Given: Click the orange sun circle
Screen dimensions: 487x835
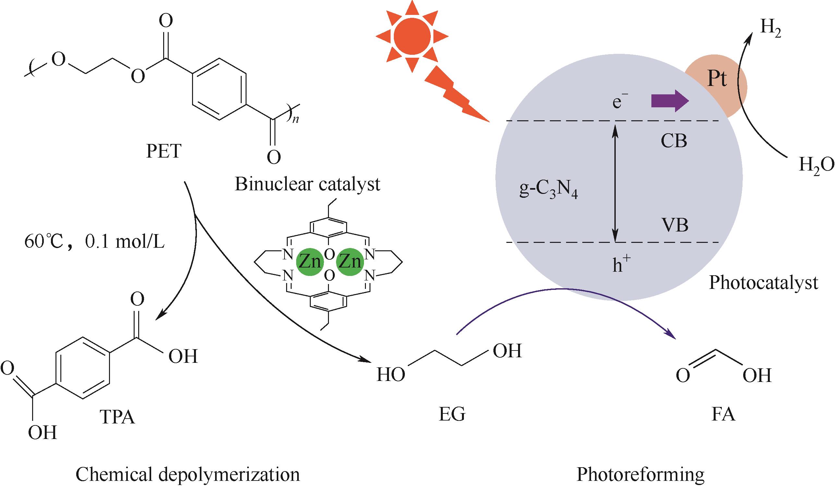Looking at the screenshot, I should [412, 36].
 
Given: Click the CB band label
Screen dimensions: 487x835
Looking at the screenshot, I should [674, 141].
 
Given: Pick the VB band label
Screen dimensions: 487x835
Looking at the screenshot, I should [675, 225].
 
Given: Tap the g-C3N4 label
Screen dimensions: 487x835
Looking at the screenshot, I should [548, 192].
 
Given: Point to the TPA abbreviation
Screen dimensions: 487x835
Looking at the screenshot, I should [117, 417].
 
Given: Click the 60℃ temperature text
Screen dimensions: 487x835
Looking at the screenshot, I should [43, 243].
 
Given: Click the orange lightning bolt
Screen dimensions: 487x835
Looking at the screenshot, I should [454, 96].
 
